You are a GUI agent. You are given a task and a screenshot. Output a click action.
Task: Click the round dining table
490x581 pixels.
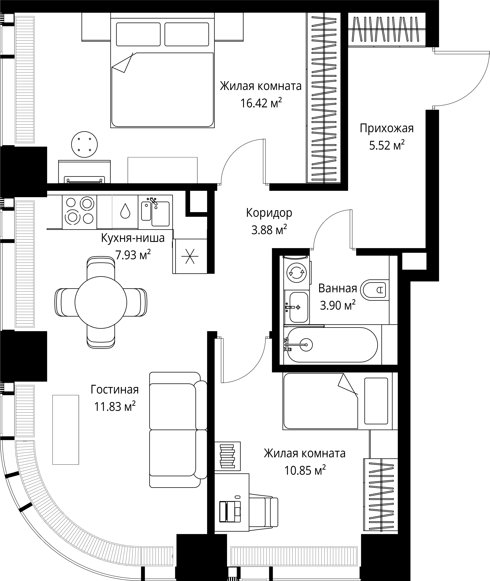click(101, 302)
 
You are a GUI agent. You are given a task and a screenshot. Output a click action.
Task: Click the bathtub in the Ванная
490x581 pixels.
click(332, 345)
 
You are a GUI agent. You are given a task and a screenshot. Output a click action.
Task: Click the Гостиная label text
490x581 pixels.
click(114, 389)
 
